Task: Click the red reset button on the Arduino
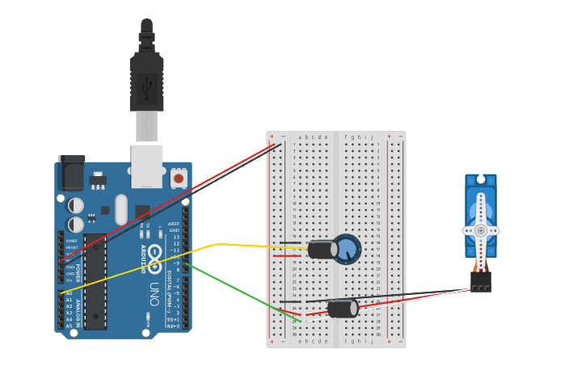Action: click(178, 177)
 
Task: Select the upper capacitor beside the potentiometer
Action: click(323, 249)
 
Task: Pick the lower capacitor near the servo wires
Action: click(342, 308)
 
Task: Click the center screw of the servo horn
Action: click(481, 230)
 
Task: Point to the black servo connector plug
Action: click(480, 281)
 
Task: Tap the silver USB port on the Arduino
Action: click(146, 166)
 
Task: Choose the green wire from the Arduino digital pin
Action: click(242, 292)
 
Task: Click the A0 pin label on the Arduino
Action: click(69, 293)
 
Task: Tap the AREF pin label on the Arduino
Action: click(173, 224)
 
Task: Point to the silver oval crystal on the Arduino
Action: click(121, 209)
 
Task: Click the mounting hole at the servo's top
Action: click(481, 179)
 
